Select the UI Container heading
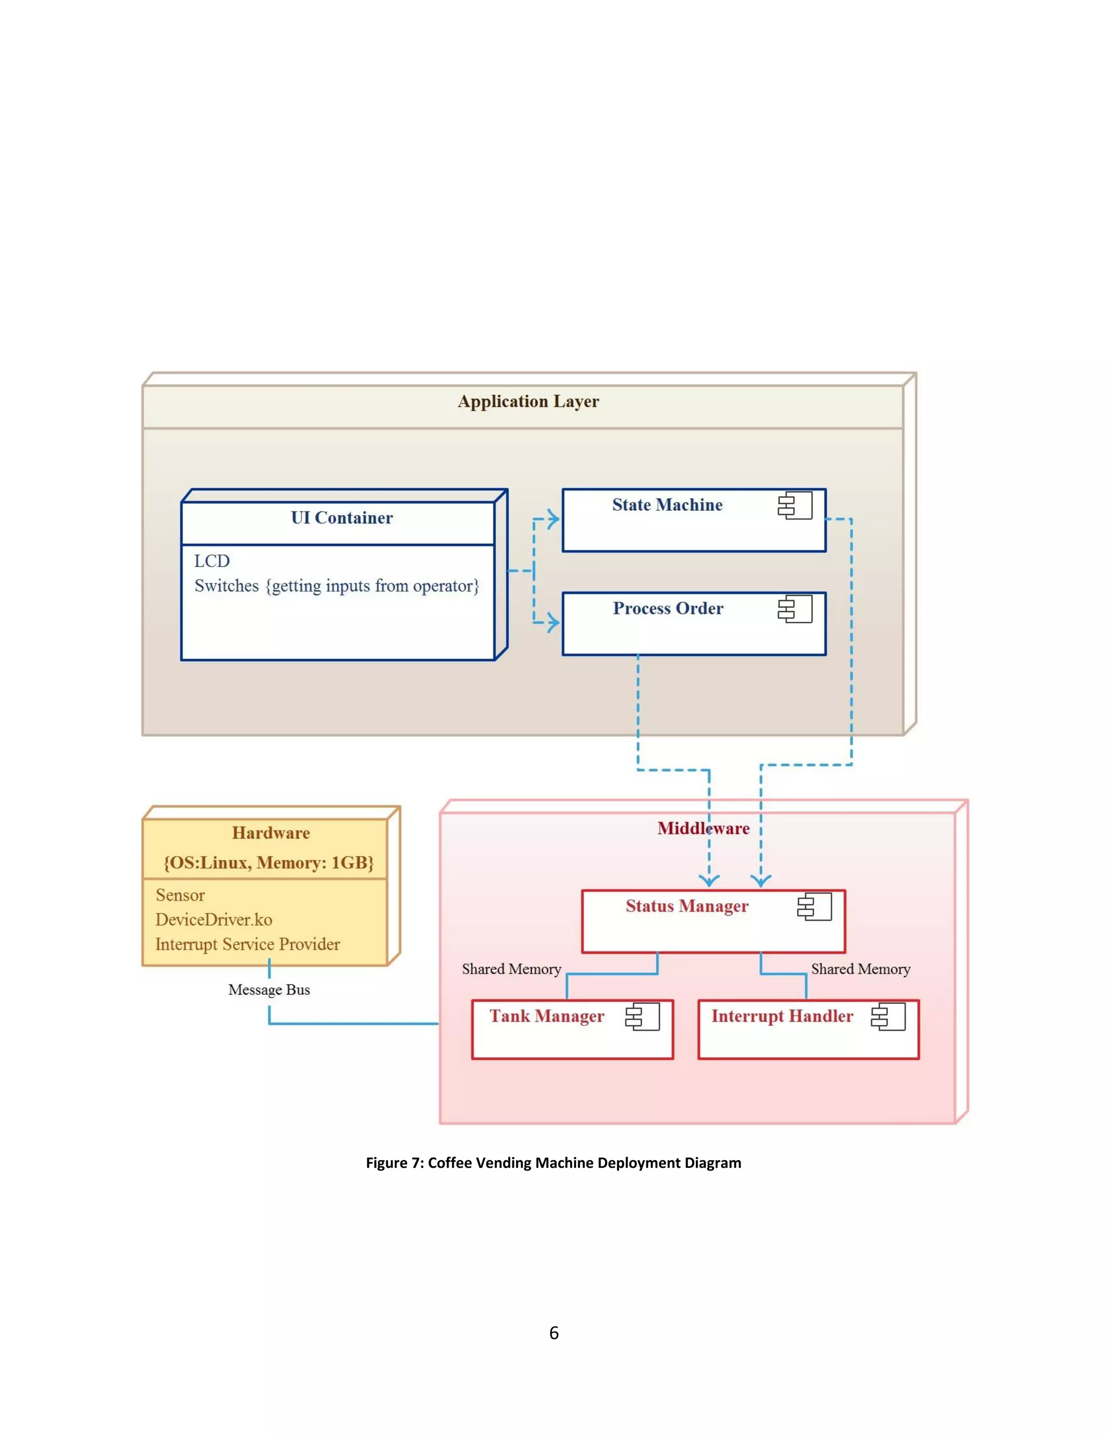[x=341, y=518]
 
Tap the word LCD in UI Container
[x=212, y=561]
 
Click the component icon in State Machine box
[x=795, y=506]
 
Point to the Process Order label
[x=668, y=609]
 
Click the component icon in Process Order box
[x=795, y=609]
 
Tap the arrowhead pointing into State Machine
[x=553, y=519]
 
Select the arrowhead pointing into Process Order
[x=553, y=622]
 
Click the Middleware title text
[x=703, y=828]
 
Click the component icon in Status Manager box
[x=815, y=907]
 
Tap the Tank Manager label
[x=547, y=1016]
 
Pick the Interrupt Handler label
[x=782, y=1016]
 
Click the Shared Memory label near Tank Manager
[x=511, y=969]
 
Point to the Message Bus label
[x=269, y=990]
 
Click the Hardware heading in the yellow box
[x=271, y=833]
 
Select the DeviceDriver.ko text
[x=213, y=920]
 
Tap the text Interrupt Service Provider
[x=247, y=944]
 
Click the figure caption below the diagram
[x=553, y=1163]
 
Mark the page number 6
[x=554, y=1333]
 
